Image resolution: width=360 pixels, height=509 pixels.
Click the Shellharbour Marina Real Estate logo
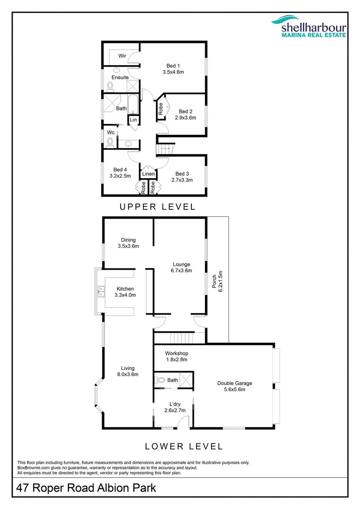coord(308,26)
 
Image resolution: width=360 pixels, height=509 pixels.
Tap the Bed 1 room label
coord(173,66)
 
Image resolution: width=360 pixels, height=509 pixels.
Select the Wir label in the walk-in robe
coord(122,56)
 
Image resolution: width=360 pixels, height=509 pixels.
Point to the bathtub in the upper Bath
coord(133,106)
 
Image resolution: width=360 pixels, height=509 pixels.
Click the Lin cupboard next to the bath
coord(133,120)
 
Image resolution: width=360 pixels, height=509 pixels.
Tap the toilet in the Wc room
coord(110,141)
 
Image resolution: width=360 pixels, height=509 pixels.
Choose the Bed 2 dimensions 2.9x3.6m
coord(184,118)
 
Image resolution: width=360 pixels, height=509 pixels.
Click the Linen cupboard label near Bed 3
coord(148,174)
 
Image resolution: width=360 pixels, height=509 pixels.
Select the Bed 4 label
coord(120,170)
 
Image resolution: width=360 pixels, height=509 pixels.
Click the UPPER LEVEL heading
coord(157,206)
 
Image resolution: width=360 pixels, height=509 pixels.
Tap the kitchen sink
coord(100,291)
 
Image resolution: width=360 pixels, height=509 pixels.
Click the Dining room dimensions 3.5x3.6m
coord(128,246)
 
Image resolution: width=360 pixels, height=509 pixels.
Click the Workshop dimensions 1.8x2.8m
coord(176,360)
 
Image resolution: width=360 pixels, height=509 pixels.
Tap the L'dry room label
coord(174,404)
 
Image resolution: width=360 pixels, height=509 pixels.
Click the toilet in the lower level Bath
coord(160,380)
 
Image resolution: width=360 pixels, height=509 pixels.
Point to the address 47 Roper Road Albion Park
coord(86,488)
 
